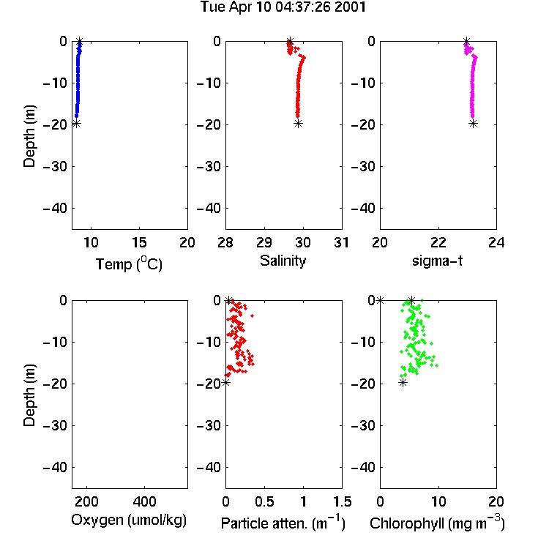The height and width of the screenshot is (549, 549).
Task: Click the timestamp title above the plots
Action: (283, 7)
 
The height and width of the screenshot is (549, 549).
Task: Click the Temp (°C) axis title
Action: (129, 264)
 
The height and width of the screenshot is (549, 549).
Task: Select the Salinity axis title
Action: (283, 261)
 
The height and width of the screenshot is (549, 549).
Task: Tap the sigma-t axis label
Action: (437, 261)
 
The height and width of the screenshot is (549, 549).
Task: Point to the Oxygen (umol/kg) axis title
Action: (129, 520)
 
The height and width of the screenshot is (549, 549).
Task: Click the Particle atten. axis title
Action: (283, 523)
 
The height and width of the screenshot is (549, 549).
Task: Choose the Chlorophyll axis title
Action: (437, 523)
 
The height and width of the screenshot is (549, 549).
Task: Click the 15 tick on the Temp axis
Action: (139, 242)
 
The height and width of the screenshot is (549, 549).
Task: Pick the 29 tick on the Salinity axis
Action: (264, 242)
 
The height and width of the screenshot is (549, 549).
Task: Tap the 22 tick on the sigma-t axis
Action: (438, 242)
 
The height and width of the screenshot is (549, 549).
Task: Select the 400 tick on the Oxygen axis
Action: (144, 501)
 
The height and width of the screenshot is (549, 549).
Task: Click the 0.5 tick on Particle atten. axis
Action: (264, 501)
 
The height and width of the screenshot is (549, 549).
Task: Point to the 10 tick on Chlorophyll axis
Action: (438, 501)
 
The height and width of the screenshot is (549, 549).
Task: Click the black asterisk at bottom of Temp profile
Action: (76, 123)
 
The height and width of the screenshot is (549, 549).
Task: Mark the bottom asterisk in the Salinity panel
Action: (298, 123)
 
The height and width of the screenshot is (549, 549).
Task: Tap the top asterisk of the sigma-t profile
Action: (466, 41)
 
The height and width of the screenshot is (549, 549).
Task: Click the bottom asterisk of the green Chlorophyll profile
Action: (403, 382)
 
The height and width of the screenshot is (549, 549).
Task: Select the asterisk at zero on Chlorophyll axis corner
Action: (380, 300)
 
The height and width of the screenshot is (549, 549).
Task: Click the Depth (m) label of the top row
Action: (30, 136)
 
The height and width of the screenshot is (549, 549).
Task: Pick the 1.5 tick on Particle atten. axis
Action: (342, 501)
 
